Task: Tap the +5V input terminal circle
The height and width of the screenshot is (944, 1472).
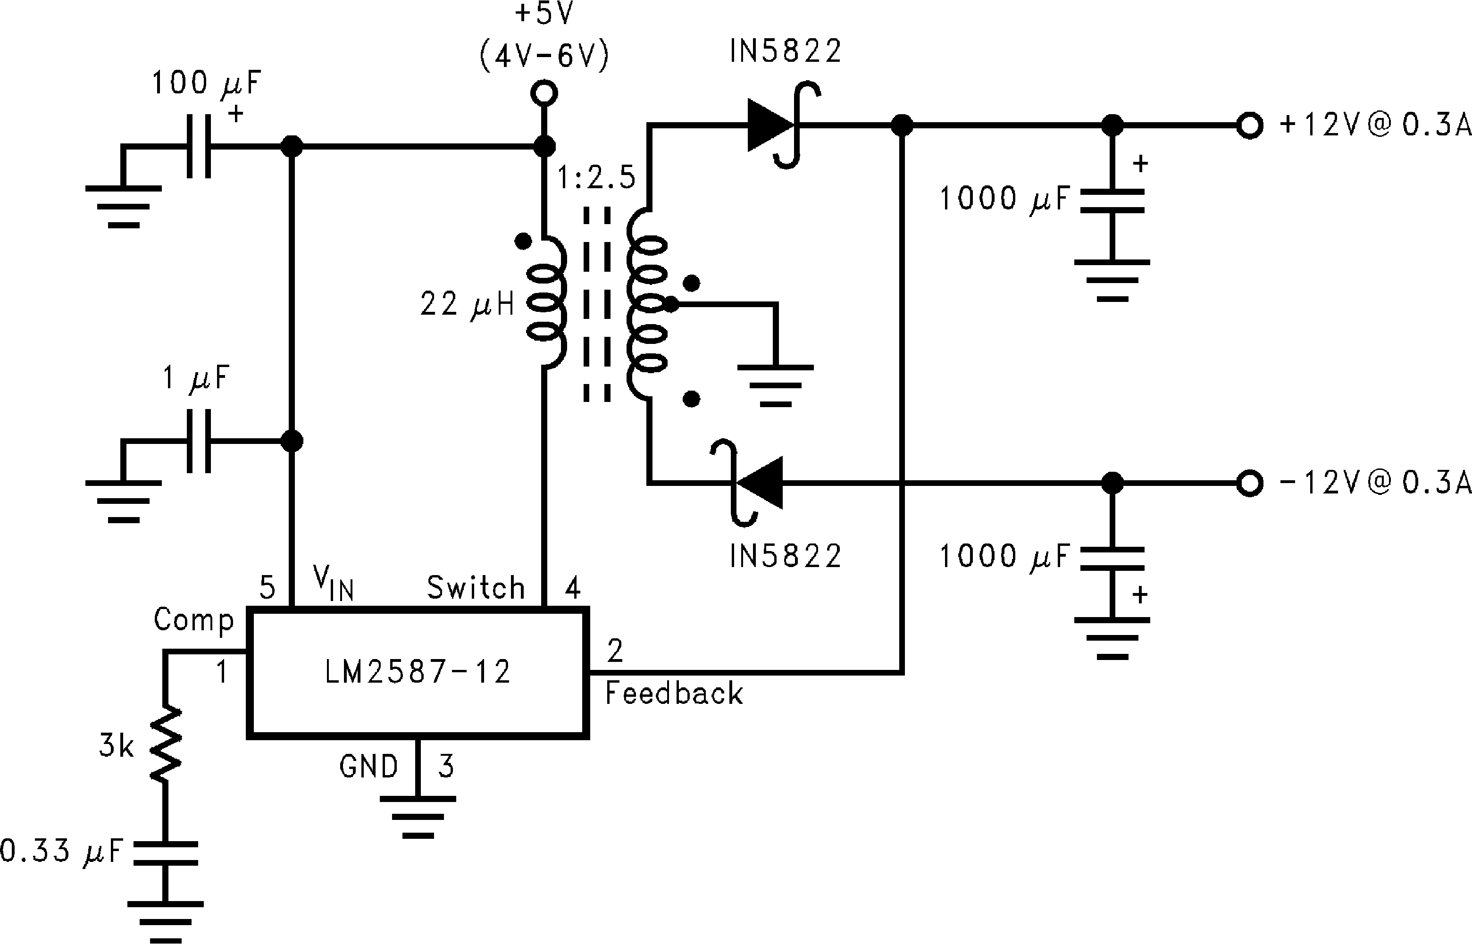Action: (x=544, y=94)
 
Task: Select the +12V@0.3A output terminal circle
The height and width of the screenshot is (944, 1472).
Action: (x=1249, y=125)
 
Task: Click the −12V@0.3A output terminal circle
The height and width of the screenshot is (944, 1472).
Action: (x=1249, y=483)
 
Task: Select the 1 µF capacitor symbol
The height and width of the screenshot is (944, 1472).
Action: (x=199, y=441)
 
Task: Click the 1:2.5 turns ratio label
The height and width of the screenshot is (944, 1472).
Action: (x=596, y=178)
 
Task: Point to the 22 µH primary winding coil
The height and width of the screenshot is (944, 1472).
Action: (x=546, y=303)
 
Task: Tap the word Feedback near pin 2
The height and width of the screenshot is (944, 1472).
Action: (x=673, y=694)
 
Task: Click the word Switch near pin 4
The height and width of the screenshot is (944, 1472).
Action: (x=476, y=588)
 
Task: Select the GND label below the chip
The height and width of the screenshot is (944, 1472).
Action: (x=368, y=766)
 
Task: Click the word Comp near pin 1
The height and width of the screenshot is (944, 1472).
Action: (x=194, y=620)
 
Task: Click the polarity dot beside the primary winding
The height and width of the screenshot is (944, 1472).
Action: (x=523, y=242)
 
